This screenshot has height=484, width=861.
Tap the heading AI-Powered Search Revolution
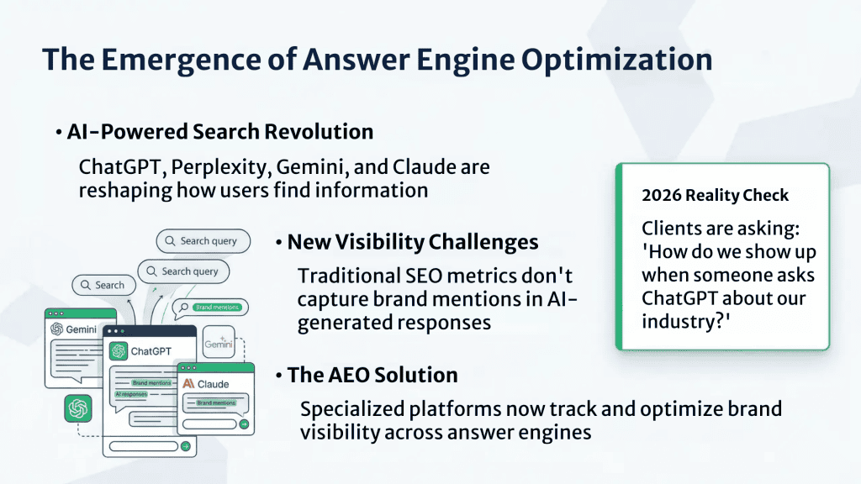click(x=219, y=132)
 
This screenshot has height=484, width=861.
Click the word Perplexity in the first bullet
click(x=218, y=166)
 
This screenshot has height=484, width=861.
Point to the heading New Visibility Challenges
click(x=412, y=242)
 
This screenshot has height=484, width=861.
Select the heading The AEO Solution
click(x=372, y=375)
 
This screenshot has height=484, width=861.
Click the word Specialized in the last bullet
click(x=351, y=409)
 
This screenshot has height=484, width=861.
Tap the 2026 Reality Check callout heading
click(x=715, y=196)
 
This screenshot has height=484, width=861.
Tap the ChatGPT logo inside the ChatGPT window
click(x=118, y=350)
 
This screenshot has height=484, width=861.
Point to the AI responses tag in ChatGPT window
click(x=131, y=393)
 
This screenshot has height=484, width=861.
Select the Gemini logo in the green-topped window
click(x=57, y=329)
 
